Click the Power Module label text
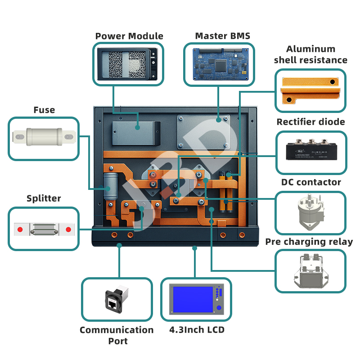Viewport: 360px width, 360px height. pos(129,36)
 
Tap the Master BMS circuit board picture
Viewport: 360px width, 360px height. pos(219,64)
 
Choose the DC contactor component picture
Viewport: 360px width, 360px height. pos(310,211)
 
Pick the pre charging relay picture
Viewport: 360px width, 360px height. pos(310,270)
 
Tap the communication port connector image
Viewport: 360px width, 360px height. pos(117,299)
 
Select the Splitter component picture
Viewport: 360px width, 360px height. pos(44,229)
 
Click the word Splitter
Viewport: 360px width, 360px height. pos(44,198)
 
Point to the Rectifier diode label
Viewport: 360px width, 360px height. pos(310,122)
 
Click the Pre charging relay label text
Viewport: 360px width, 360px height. pos(309,242)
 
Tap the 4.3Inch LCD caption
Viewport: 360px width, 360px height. pos(197,330)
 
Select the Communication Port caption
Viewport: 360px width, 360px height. pos(117,335)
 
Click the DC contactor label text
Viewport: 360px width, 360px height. pos(311,182)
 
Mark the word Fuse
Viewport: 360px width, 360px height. pos(44,110)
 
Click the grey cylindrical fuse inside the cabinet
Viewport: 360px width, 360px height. pos(110,185)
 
